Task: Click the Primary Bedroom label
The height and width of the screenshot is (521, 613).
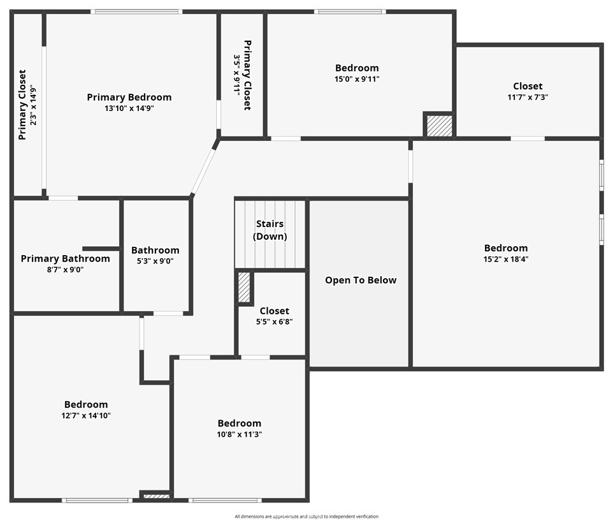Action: pos(129,98)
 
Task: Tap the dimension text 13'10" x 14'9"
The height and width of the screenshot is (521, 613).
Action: pos(129,108)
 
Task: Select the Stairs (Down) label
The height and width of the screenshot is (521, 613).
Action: pos(270,230)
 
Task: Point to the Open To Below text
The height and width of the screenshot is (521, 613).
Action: pos(361,280)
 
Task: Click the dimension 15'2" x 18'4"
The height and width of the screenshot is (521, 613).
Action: pos(506,259)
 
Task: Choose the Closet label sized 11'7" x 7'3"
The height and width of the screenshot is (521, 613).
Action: pos(528,86)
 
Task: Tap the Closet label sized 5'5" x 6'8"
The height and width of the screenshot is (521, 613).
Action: pos(274,311)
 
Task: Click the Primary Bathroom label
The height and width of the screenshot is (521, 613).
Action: pos(65,258)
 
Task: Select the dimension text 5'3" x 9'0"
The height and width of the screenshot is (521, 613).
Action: pos(155,261)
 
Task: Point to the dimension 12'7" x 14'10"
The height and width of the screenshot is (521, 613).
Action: pos(86,415)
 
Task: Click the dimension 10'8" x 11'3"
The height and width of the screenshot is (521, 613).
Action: pos(240,434)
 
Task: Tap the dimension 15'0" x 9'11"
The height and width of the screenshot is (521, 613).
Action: pos(357,79)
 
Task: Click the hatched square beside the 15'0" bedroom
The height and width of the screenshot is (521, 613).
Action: pos(439,126)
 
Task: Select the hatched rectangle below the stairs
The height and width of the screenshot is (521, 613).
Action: pos(244,287)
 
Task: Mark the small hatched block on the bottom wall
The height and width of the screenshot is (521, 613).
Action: pos(155,496)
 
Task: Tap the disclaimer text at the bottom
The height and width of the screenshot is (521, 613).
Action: pos(306,517)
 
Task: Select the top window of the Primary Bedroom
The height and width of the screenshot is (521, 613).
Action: pos(136,11)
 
